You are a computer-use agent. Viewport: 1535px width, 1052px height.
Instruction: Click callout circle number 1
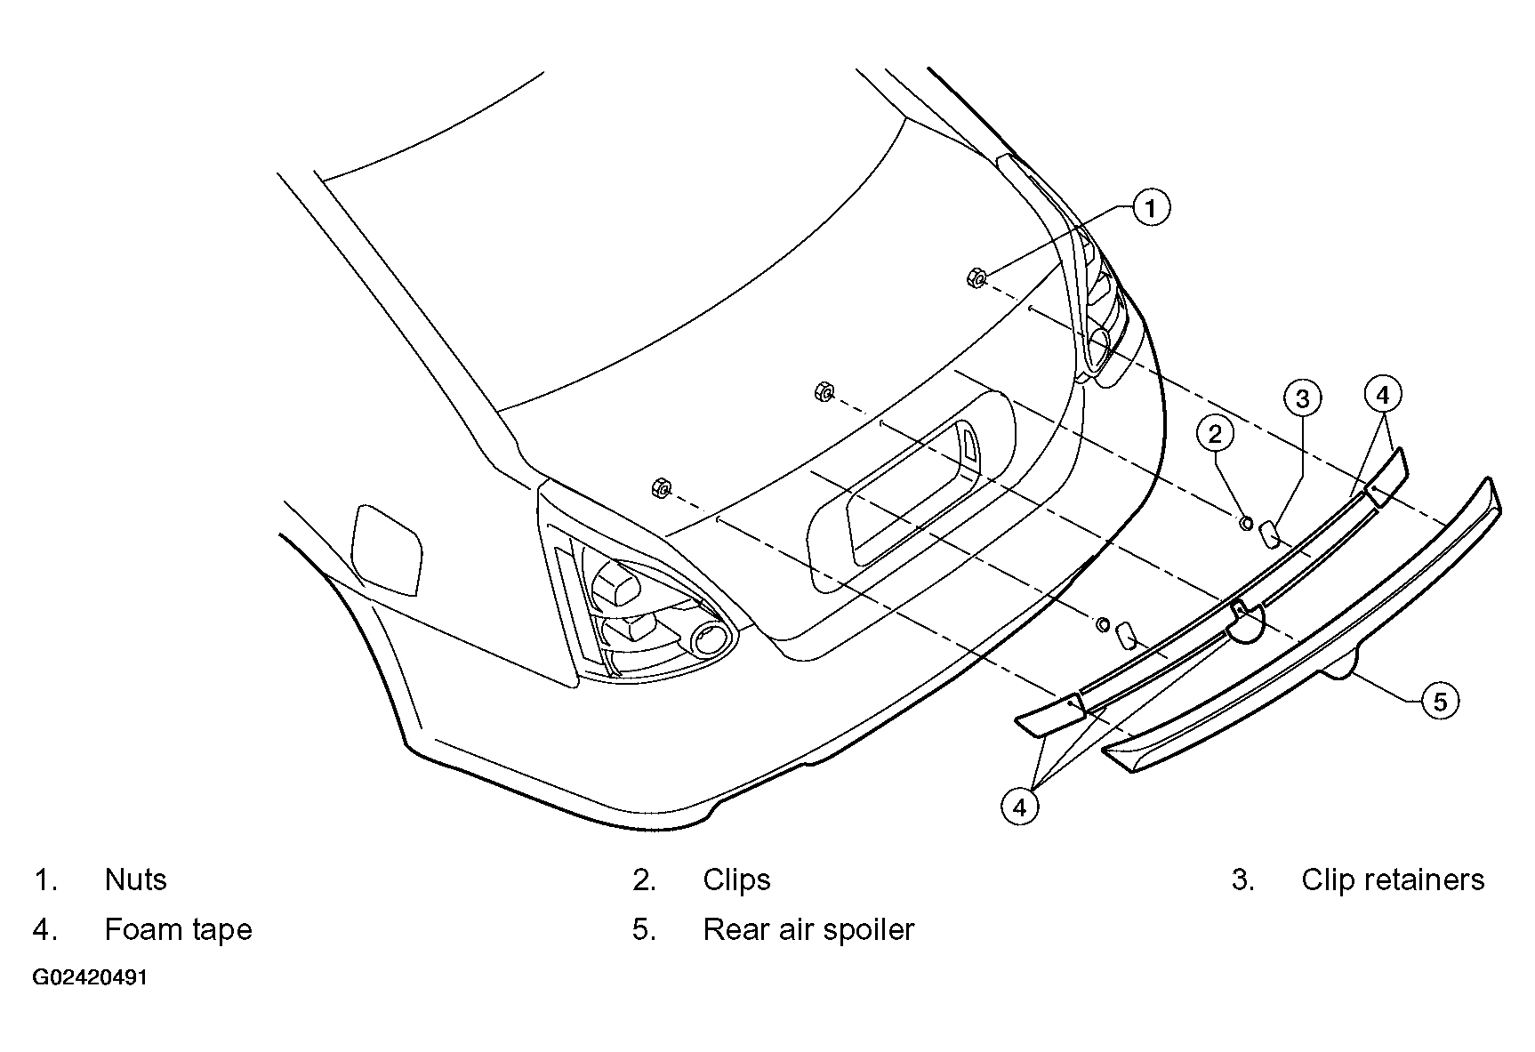pyautogui.click(x=1151, y=208)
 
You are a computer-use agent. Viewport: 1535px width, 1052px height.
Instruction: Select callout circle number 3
pyautogui.click(x=1302, y=398)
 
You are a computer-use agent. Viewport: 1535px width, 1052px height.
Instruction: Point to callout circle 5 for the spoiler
pyautogui.click(x=1440, y=702)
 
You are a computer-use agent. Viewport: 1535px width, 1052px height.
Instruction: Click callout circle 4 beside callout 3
pyautogui.click(x=1382, y=393)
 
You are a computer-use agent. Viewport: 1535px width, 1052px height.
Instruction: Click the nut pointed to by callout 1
pyautogui.click(x=976, y=278)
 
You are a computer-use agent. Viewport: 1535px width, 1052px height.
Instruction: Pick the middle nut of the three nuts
pyautogui.click(x=824, y=390)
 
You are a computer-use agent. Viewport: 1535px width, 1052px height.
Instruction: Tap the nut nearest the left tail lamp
pyautogui.click(x=661, y=486)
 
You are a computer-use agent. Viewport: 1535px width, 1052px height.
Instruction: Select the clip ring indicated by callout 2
pyautogui.click(x=1246, y=522)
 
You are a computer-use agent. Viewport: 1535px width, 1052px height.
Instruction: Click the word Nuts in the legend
pyautogui.click(x=136, y=879)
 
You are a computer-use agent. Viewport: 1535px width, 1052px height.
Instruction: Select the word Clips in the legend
pyautogui.click(x=736, y=880)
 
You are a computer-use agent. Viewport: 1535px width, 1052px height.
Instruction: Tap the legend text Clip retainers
pyautogui.click(x=1393, y=879)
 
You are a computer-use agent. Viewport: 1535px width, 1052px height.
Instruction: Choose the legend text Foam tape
pyautogui.click(x=179, y=929)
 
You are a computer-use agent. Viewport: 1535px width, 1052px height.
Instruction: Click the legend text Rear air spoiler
pyautogui.click(x=808, y=929)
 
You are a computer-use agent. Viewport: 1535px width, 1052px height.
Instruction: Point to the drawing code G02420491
pyautogui.click(x=90, y=978)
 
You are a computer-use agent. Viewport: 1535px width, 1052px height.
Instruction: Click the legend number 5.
pyautogui.click(x=644, y=930)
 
